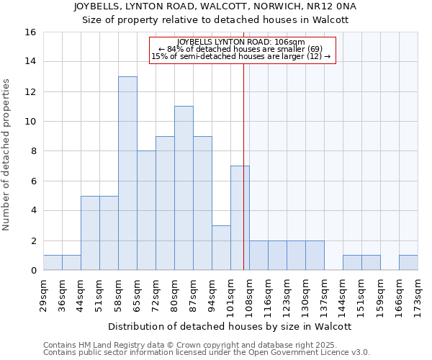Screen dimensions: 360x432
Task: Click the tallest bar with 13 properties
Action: point(127,173)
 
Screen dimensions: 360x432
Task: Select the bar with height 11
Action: point(184,188)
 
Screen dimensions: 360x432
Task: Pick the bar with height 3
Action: point(221,248)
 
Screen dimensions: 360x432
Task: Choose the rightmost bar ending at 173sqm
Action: point(408,263)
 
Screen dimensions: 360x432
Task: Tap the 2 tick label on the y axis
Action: point(33,240)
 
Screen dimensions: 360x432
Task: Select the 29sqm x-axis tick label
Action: point(43,293)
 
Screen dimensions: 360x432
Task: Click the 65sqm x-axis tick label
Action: point(137,293)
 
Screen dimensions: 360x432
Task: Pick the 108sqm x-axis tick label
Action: point(249,295)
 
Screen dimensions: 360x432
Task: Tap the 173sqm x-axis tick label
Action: point(418,295)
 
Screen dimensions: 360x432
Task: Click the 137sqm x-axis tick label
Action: point(324,295)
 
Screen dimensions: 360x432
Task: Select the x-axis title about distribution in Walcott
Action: point(230,326)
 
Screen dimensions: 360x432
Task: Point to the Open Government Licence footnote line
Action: point(207,353)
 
